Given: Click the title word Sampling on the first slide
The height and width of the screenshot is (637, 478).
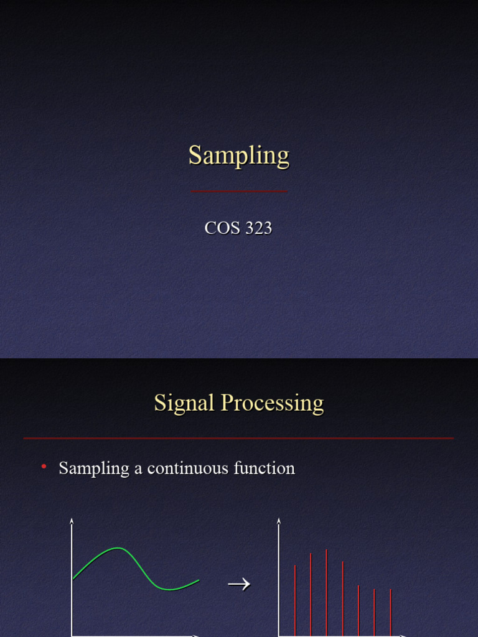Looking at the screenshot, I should pyautogui.click(x=239, y=156).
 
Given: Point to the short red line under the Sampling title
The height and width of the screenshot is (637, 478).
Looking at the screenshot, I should pyautogui.click(x=239, y=191).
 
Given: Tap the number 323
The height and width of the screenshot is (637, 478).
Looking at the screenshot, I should pyautogui.click(x=258, y=228).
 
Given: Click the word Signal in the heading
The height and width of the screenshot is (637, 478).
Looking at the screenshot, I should pyautogui.click(x=184, y=403).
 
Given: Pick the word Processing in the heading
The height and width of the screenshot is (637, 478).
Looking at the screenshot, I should pyautogui.click(x=273, y=403).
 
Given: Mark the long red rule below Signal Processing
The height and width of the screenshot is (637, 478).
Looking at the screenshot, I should pyautogui.click(x=239, y=439).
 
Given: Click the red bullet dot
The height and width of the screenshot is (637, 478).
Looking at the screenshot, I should pyautogui.click(x=44, y=467).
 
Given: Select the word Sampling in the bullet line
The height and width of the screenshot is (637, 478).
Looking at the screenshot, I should pyautogui.click(x=94, y=468).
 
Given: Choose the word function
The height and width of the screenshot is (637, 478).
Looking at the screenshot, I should pyautogui.click(x=265, y=468).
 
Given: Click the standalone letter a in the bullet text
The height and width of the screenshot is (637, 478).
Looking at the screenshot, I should pyautogui.click(x=138, y=468).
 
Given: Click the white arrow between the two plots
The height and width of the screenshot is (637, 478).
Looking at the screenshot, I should pyautogui.click(x=238, y=584).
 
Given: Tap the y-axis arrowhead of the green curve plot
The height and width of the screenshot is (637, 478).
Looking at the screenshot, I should pyautogui.click(x=72, y=521).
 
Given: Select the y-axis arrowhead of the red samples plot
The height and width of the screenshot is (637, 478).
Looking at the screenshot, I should pyautogui.click(x=279, y=521).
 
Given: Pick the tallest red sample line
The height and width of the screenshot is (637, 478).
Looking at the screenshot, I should pyautogui.click(x=326, y=591).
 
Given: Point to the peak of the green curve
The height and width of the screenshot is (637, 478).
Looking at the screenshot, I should pyautogui.click(x=118, y=548).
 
